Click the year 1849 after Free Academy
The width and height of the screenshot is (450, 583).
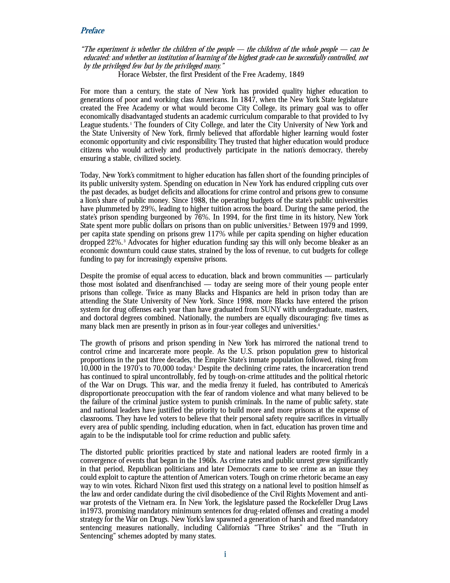pyautogui.click(x=296, y=75)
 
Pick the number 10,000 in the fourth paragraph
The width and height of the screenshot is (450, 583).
pyautogui.click(x=91, y=368)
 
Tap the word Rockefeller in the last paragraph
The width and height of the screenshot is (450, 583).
pyautogui.click(x=317, y=503)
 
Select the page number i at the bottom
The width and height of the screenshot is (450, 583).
pyautogui.click(x=225, y=554)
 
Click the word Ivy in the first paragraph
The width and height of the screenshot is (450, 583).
pyautogui.click(x=363, y=117)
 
